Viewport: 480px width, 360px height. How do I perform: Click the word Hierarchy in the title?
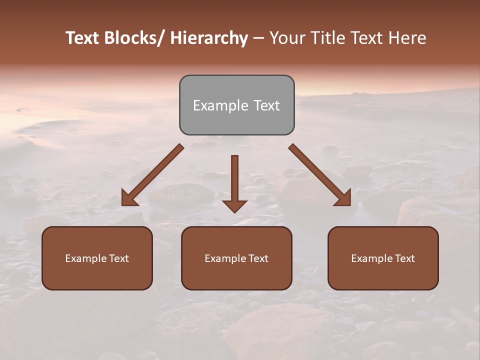209,38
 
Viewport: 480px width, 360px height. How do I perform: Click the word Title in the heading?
329,38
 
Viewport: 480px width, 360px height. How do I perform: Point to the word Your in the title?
286,38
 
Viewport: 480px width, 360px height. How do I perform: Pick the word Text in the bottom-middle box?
256,258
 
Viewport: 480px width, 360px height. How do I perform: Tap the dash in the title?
258,38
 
